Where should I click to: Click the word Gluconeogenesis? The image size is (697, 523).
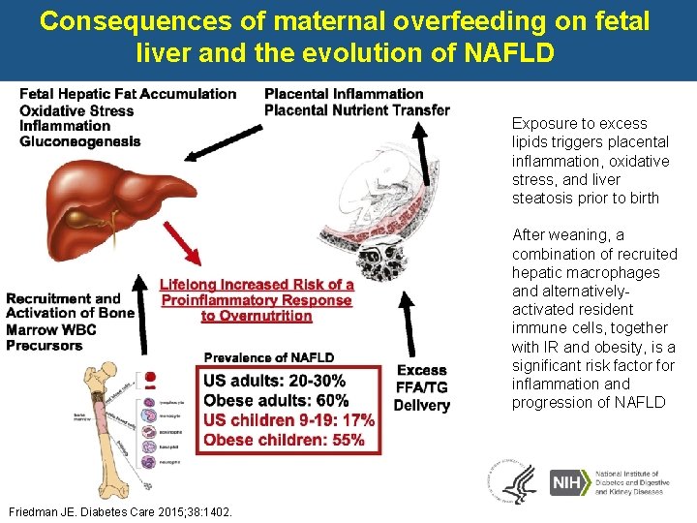point(79,141)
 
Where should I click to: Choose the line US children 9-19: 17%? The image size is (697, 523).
point(289,420)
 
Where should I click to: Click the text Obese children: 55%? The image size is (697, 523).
point(284,440)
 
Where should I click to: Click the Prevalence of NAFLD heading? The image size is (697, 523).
point(269,358)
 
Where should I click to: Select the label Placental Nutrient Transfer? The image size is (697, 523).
point(356,109)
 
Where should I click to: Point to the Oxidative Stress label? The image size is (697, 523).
point(76,109)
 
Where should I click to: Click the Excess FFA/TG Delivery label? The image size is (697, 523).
point(421,387)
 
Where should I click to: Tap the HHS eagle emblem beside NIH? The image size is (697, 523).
point(512,481)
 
